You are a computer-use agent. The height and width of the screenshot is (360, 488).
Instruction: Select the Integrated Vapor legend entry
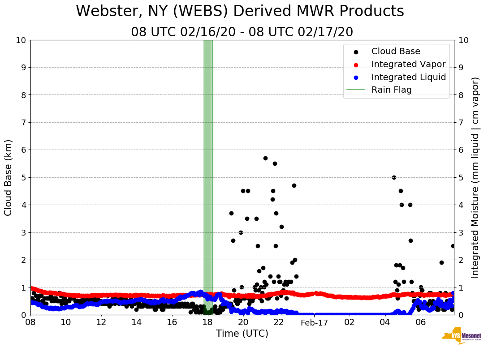coord(408,64)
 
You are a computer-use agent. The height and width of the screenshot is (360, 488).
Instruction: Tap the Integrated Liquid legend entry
coord(408,77)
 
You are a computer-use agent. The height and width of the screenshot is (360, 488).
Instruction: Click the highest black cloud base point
coord(265,158)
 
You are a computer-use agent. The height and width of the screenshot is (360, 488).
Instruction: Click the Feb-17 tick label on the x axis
coord(314,322)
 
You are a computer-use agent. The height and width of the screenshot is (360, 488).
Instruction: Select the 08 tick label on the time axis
coord(30,322)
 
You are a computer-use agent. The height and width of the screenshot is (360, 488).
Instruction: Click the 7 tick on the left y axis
coord(22,122)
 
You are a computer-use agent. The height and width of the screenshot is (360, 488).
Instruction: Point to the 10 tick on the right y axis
coord(463,40)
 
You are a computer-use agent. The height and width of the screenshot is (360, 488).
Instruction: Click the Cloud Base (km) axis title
coord(9,177)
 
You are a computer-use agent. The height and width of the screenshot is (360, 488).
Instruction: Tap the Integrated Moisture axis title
coord(475,177)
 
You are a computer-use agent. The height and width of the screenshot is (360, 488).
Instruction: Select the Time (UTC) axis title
coord(242,334)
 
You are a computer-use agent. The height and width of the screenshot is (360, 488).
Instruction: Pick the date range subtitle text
coord(242,32)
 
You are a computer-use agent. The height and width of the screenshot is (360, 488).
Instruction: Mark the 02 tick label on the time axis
coord(350,322)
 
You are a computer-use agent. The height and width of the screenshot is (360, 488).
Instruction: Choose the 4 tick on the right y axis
coord(461,205)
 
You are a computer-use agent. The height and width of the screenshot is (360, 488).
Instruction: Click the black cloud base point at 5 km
coord(394,177)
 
